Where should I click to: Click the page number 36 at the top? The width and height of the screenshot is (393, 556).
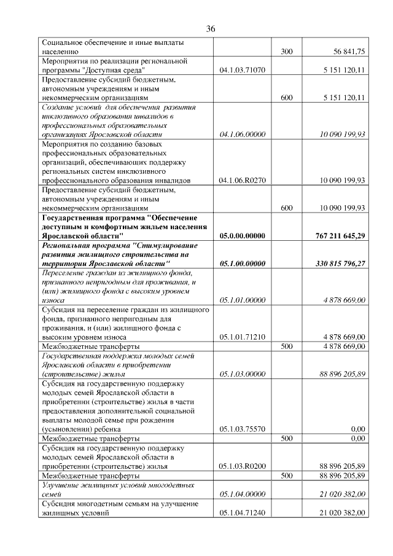coord(211,29)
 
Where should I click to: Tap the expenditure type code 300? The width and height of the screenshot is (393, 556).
coord(286,53)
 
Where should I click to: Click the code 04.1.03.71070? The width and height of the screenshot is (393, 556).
coord(242,71)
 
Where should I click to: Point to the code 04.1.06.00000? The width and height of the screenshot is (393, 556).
coord(242,134)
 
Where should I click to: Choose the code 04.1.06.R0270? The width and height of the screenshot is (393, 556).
coord(242,181)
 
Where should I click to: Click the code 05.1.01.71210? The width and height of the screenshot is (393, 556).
coord(242,337)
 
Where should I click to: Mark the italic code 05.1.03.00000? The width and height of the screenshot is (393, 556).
coord(242,374)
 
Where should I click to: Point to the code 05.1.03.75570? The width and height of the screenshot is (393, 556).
coord(242,429)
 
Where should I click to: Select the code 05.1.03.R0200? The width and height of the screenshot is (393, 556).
coord(242,466)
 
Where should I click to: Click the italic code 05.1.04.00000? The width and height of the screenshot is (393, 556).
coord(242,494)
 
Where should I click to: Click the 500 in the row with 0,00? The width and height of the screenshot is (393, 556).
coord(286,439)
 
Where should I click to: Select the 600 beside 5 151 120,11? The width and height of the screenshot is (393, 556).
coord(286,98)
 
